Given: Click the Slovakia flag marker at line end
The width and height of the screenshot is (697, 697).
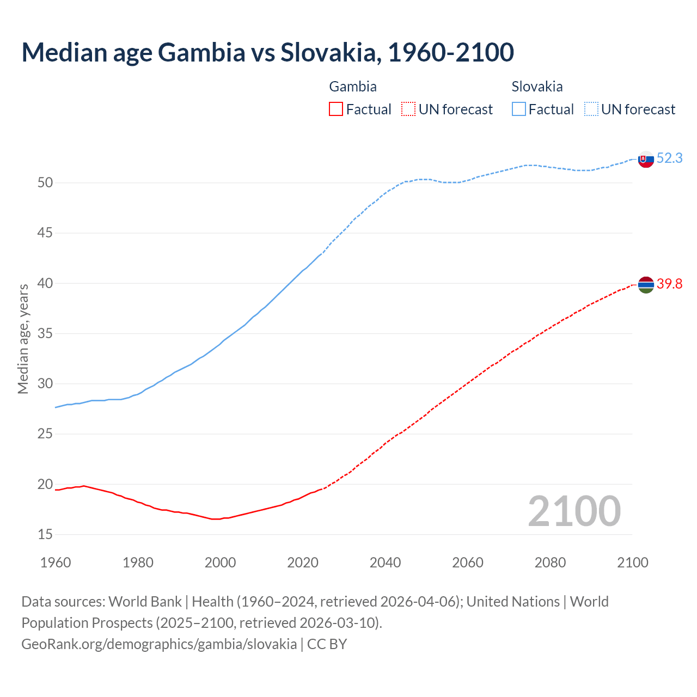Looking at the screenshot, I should (x=646, y=160).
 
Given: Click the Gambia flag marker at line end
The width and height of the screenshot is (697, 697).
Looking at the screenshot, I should (x=646, y=285).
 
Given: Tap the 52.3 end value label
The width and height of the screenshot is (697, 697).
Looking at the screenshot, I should (x=669, y=158).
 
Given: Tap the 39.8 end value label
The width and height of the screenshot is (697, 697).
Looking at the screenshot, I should (x=669, y=284).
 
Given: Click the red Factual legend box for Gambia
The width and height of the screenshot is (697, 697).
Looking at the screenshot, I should (x=336, y=109).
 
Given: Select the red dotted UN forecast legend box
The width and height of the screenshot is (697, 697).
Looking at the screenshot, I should (x=408, y=109).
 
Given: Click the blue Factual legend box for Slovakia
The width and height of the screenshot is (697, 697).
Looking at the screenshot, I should (x=519, y=109).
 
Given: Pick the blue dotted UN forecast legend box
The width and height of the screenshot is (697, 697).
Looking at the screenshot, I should (x=591, y=109).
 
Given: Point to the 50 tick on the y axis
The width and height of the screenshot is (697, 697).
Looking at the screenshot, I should (x=45, y=183).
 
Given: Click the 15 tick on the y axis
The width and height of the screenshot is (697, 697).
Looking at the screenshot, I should (x=45, y=535).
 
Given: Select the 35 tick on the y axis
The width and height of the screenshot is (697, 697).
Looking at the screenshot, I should (x=45, y=334).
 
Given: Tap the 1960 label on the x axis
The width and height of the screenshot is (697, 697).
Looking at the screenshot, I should (x=56, y=563).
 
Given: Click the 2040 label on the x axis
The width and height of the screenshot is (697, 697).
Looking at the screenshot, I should (x=385, y=563).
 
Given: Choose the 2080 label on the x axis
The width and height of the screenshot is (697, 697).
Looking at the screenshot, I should (x=550, y=563).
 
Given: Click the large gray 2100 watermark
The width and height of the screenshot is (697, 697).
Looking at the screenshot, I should (x=574, y=511).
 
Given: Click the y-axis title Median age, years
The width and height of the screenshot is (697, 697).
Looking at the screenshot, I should (x=23, y=339).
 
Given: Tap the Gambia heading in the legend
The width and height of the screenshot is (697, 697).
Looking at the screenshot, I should (x=353, y=87).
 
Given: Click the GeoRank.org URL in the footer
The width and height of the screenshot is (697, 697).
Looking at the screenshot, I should (x=159, y=644).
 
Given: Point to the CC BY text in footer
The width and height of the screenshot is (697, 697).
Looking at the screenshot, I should (x=327, y=644).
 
